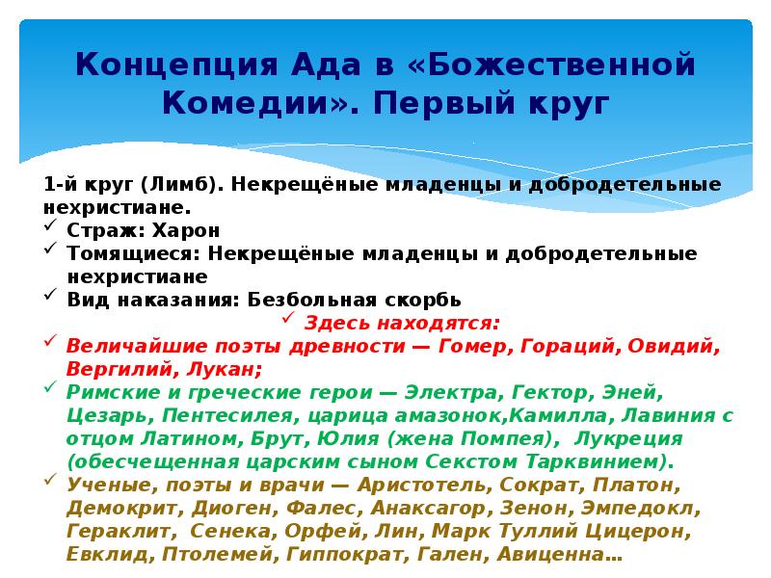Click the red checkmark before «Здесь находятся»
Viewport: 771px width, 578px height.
(287, 321)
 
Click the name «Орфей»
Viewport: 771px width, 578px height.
(312, 531)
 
